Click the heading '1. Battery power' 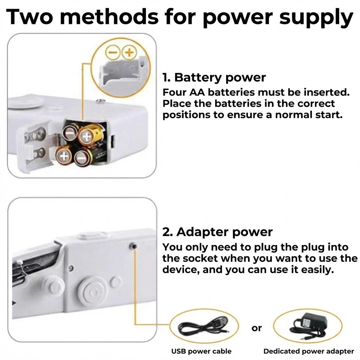click(x=214, y=77)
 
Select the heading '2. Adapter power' click(x=217, y=232)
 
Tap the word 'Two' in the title click(x=32, y=17)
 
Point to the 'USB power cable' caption click(x=201, y=351)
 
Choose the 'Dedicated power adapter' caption click(x=309, y=351)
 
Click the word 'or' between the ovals click(x=257, y=328)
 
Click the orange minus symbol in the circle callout click(x=114, y=53)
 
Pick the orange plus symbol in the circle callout click(x=129, y=53)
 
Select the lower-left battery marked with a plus click(x=64, y=155)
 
